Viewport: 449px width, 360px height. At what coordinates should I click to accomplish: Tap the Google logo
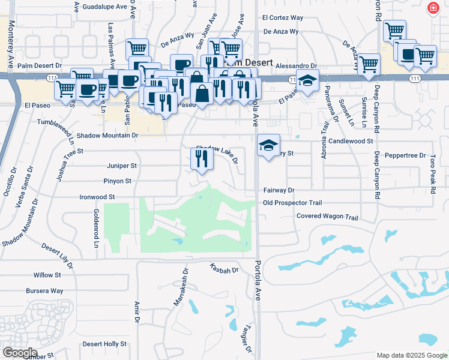pos(20,352)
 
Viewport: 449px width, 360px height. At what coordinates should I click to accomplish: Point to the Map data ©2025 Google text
pos(412,355)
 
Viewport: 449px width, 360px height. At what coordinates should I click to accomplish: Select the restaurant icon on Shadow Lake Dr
pos(201,159)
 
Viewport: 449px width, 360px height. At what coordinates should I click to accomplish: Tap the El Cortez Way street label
pos(283,19)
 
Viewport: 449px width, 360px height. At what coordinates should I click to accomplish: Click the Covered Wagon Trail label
pos(327,217)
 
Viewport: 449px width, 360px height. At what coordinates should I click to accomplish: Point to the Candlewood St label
pos(351,141)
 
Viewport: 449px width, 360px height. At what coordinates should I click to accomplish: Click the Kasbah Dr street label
pos(224,269)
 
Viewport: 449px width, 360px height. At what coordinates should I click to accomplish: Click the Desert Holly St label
pos(104,344)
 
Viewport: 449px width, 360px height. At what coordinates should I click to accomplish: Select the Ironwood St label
pos(97,197)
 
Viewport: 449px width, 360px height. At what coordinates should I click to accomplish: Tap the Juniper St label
pos(121,166)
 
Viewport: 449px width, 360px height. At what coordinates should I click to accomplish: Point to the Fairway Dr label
pos(279,190)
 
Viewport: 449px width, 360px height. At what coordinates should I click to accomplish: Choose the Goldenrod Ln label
pos(95,228)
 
